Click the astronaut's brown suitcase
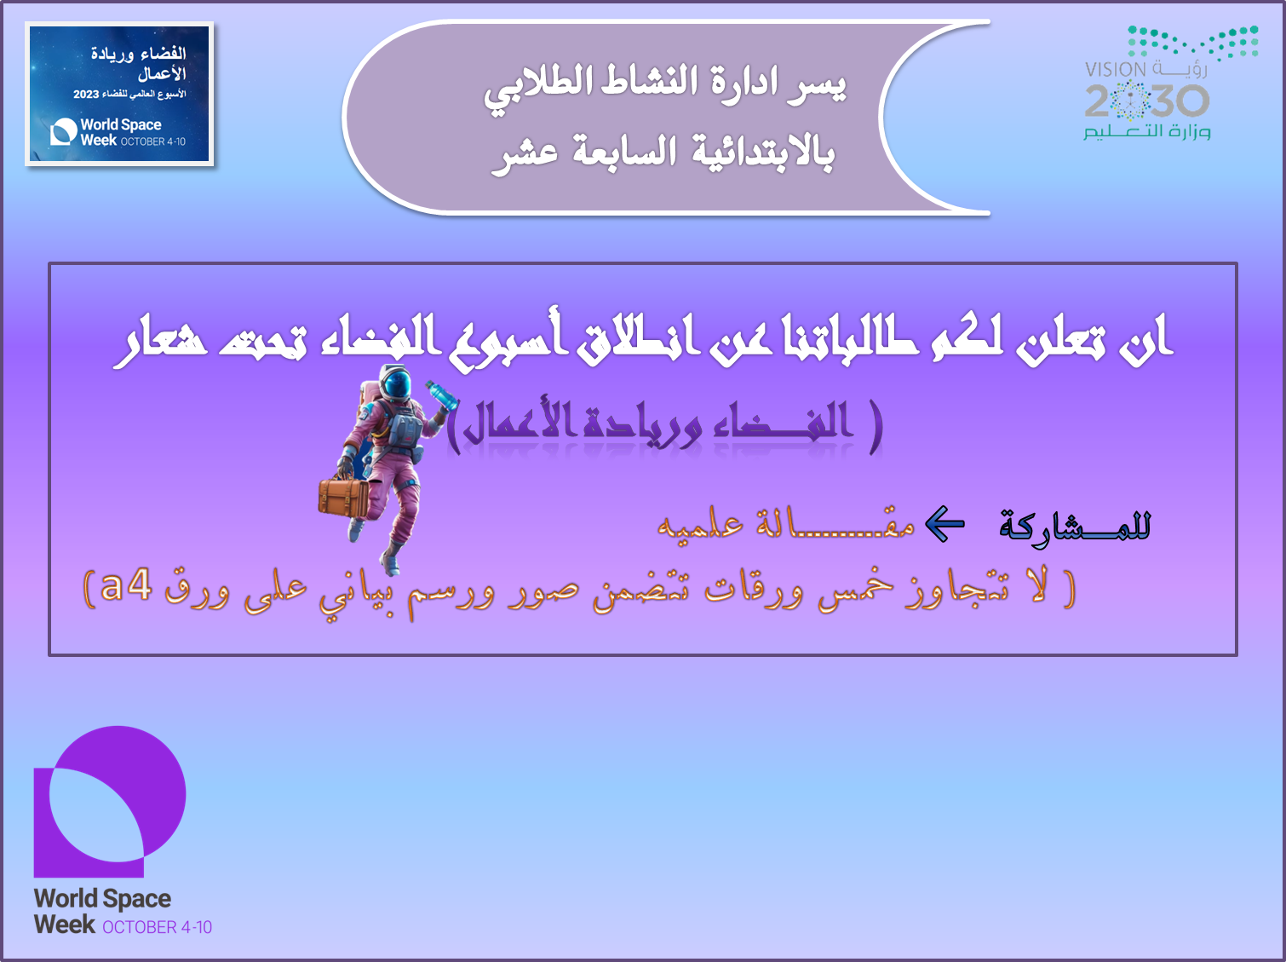(x=343, y=497)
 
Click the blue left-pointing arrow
(x=945, y=523)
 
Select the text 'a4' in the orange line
(x=126, y=585)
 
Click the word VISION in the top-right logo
(x=1115, y=70)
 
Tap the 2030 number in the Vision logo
(x=1146, y=101)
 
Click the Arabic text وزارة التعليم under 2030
(x=1146, y=131)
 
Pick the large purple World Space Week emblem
(x=110, y=801)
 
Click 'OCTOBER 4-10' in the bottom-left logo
(x=157, y=927)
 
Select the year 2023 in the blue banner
(x=85, y=95)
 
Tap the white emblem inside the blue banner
(x=63, y=131)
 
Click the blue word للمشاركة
(x=1075, y=525)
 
